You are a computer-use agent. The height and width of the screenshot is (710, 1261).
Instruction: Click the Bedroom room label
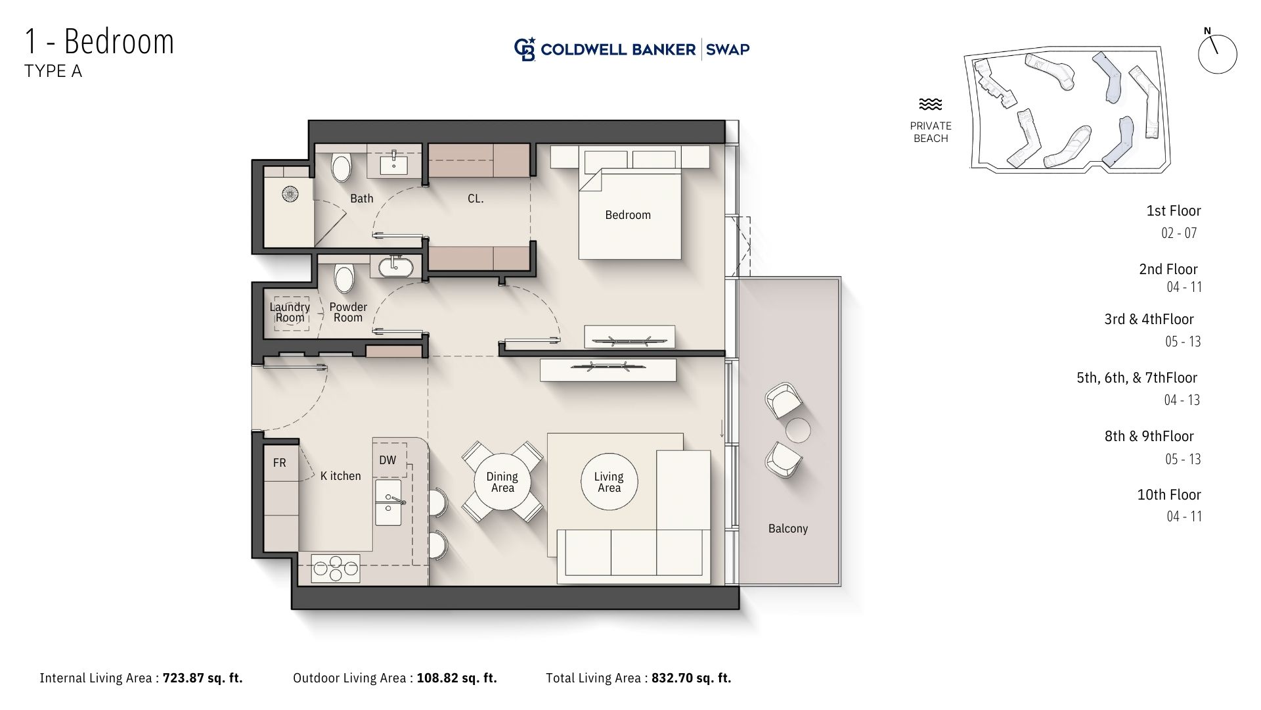pyautogui.click(x=628, y=215)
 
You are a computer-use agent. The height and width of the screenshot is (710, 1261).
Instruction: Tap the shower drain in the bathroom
pyautogui.click(x=290, y=194)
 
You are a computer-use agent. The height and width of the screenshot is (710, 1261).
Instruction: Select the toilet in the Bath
pyautogui.click(x=341, y=167)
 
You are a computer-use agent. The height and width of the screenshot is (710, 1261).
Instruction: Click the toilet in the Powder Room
pyautogui.click(x=343, y=278)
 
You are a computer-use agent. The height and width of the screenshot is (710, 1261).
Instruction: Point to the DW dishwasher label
pyautogui.click(x=387, y=460)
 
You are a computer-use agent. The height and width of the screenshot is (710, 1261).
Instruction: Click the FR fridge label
pyautogui.click(x=279, y=463)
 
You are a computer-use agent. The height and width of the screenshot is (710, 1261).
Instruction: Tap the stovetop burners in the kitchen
pyautogui.click(x=336, y=569)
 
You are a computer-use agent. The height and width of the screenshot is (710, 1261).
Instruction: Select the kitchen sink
pyautogui.click(x=388, y=502)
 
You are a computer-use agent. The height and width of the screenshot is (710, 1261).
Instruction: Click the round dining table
pyautogui.click(x=502, y=482)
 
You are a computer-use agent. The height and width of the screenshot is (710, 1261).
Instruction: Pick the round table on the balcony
pyautogui.click(x=797, y=430)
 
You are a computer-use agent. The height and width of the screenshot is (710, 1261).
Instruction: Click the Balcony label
pyautogui.click(x=788, y=529)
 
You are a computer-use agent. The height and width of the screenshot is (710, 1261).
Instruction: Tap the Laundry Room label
pyautogui.click(x=290, y=312)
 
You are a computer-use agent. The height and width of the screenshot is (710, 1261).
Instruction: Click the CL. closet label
pyautogui.click(x=476, y=199)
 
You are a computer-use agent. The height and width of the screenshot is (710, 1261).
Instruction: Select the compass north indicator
pyautogui.click(x=1217, y=53)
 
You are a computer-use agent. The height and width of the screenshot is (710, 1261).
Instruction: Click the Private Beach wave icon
pyautogui.click(x=931, y=105)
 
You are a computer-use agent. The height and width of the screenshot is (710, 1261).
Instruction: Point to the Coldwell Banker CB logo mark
pyautogui.click(x=525, y=49)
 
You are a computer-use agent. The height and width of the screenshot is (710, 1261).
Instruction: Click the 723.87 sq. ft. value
pyautogui.click(x=203, y=678)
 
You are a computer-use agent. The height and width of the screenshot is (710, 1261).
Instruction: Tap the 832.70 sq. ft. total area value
pyautogui.click(x=692, y=678)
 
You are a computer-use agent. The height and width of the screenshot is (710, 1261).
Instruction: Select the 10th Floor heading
pyautogui.click(x=1169, y=494)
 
